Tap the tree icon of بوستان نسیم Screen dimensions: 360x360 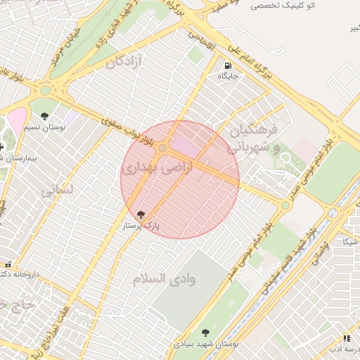click(45, 116)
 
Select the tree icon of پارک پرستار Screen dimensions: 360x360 click(141, 214)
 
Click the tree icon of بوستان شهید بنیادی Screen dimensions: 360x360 click(205, 333)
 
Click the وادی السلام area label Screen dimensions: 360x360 click(165, 278)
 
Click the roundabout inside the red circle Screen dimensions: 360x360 click(163, 148)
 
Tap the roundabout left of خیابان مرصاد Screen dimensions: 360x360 click(47, 91)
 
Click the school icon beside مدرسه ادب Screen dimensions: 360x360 click(330, 348)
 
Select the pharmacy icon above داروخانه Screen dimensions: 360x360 click(8, 264)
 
